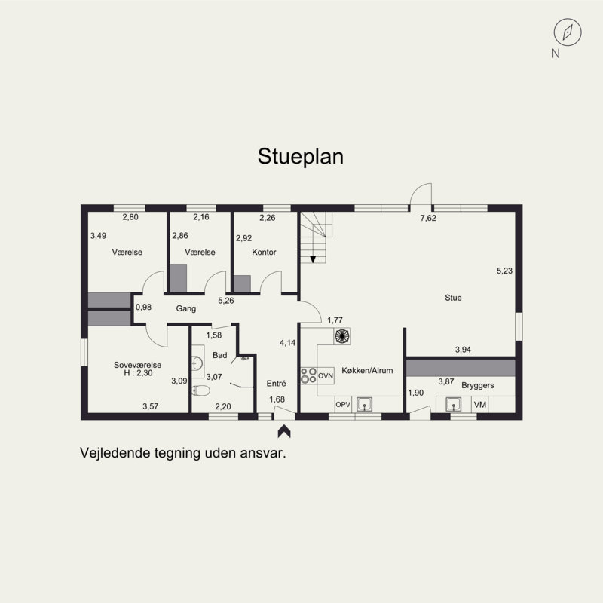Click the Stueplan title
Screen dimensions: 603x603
click(300, 157)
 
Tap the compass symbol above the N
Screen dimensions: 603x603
click(568, 32)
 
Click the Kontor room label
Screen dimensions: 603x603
click(264, 253)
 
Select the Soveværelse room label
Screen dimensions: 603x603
click(137, 365)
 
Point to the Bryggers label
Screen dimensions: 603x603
click(478, 385)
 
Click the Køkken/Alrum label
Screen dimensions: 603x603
click(367, 370)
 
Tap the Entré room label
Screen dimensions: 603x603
click(276, 384)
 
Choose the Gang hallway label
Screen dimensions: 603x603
click(186, 308)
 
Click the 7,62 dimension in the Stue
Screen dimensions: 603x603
click(428, 218)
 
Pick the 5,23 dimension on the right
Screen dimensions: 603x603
click(504, 271)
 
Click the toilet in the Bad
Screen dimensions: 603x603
click(200, 390)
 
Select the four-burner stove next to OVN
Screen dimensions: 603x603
click(308, 375)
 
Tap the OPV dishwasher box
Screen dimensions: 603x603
click(343, 405)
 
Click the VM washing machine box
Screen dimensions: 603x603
click(480, 405)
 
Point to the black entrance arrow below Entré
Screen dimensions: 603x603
click(284, 431)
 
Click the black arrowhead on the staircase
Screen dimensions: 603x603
click(313, 259)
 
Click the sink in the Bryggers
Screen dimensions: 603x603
click(454, 405)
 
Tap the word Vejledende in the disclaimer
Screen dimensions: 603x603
click(115, 453)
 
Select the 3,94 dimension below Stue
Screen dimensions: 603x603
click(463, 350)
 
